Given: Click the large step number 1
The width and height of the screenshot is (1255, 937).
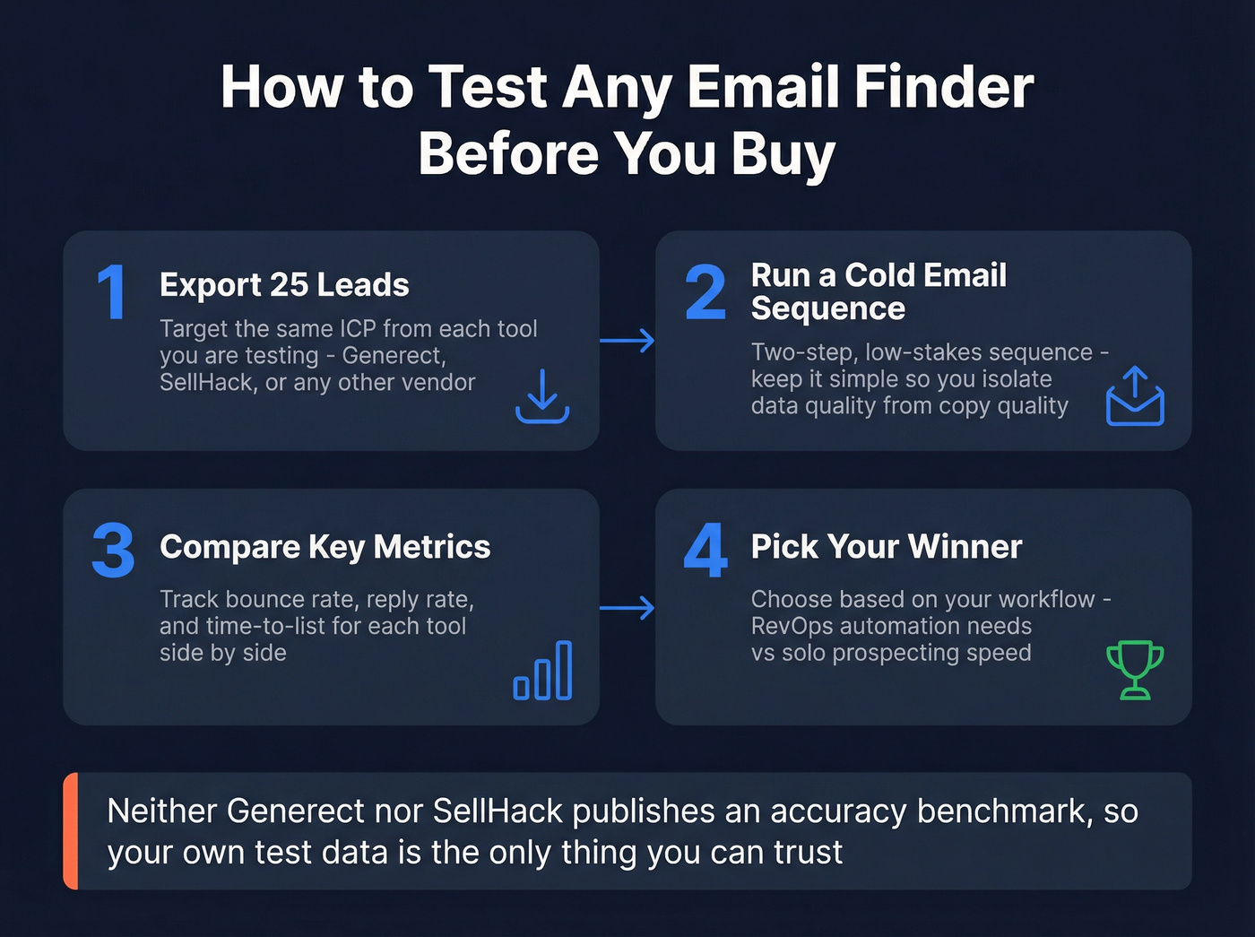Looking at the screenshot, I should [x=112, y=292].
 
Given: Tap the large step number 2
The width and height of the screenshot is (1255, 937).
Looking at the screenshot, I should [x=705, y=292].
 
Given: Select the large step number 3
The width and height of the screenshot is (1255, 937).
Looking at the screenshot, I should [x=113, y=551].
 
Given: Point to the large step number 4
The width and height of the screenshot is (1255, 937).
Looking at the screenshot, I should [x=705, y=551].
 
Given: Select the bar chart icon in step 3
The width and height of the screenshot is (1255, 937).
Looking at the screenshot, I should [x=542, y=671].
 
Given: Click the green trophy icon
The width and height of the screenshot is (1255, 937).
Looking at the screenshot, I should [x=1135, y=670].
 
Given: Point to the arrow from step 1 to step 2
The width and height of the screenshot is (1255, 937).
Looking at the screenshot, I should [x=627, y=341].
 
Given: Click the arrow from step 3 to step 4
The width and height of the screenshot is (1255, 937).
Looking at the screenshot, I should [x=627, y=609].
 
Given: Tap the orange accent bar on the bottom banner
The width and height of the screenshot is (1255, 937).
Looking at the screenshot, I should [x=71, y=831].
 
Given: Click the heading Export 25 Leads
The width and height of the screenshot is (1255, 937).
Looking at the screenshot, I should [x=284, y=285].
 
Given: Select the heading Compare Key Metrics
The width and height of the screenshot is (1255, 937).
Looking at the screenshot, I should [x=325, y=547].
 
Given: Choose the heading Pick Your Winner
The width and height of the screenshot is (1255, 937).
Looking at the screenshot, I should [x=886, y=547].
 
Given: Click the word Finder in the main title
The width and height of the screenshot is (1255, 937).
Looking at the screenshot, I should [x=944, y=87].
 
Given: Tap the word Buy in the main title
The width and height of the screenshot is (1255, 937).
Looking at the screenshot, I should [x=783, y=153].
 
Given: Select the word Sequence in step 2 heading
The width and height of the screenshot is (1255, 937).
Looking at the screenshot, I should [x=827, y=308].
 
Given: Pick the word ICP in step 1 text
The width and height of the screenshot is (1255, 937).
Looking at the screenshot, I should [x=358, y=329].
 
